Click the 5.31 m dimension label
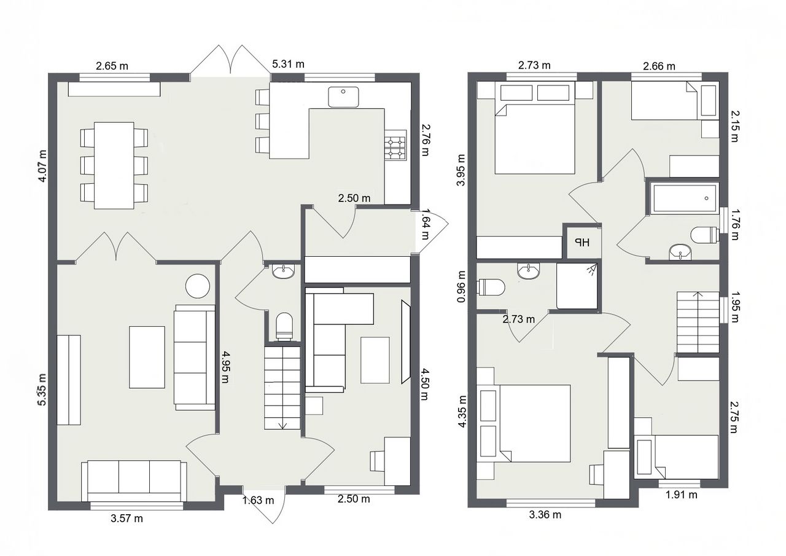click(288, 65)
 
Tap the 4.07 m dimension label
click(42, 166)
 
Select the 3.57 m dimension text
click(126, 518)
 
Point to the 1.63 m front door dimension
click(258, 500)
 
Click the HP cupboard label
click(582, 242)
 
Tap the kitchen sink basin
click(343, 97)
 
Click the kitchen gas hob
click(395, 148)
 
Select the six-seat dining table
click(114, 165)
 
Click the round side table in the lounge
click(198, 286)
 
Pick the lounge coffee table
click(147, 357)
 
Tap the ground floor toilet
click(284, 326)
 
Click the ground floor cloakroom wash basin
click(284, 272)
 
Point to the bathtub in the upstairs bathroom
click(683, 198)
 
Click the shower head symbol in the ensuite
click(593, 269)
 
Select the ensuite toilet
click(491, 287)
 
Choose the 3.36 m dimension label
click(545, 515)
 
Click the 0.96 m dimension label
click(461, 286)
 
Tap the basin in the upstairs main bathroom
click(680, 252)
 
